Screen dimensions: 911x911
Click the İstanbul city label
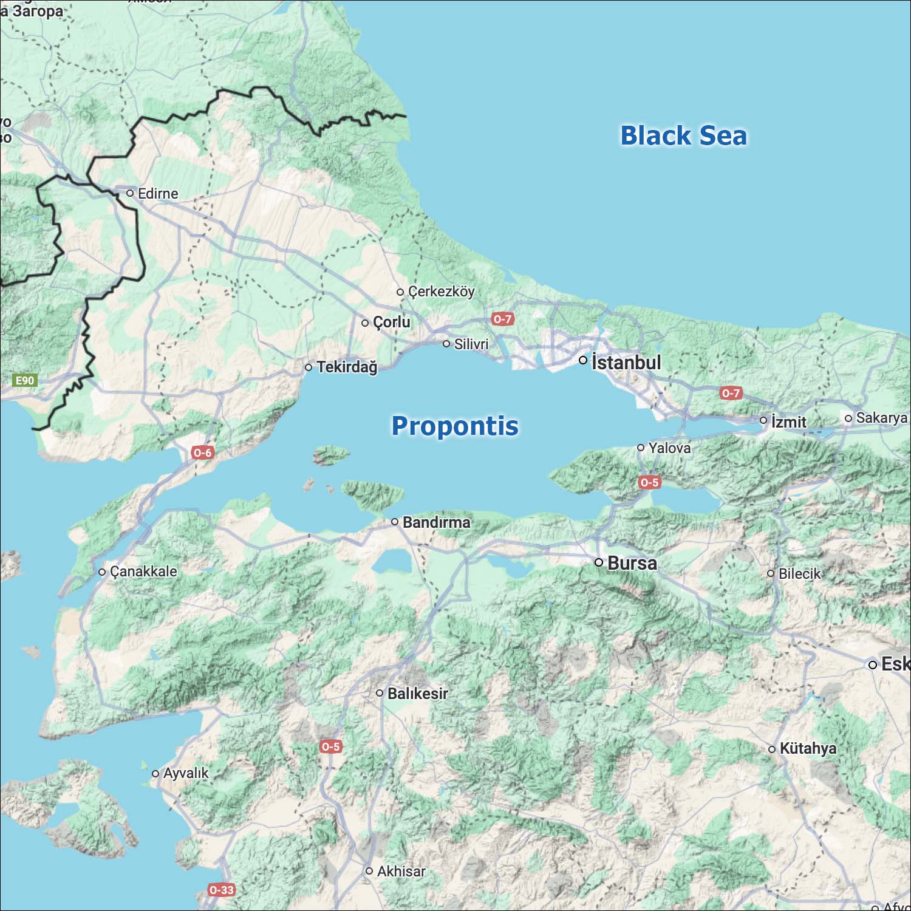click(626, 363)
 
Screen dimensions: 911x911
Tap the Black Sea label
click(683, 135)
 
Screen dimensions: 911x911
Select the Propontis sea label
click(455, 426)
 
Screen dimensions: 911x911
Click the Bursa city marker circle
click(599, 562)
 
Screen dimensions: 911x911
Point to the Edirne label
click(157, 194)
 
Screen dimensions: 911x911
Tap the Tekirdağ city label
click(346, 367)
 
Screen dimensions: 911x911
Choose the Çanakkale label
click(143, 572)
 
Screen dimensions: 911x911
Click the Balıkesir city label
click(417, 693)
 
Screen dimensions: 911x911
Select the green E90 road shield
click(25, 381)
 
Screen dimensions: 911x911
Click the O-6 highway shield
click(202, 452)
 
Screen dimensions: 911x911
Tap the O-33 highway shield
click(221, 890)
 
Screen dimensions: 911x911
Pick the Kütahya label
click(807, 748)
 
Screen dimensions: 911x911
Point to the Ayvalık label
click(185, 773)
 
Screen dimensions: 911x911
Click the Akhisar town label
click(401, 871)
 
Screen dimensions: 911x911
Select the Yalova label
click(669, 448)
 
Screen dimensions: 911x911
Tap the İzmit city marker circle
click(763, 420)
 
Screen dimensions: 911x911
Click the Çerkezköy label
click(441, 292)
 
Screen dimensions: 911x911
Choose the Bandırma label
click(436, 522)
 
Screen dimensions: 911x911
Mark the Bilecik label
click(799, 573)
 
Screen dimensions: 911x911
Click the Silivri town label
click(471, 344)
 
